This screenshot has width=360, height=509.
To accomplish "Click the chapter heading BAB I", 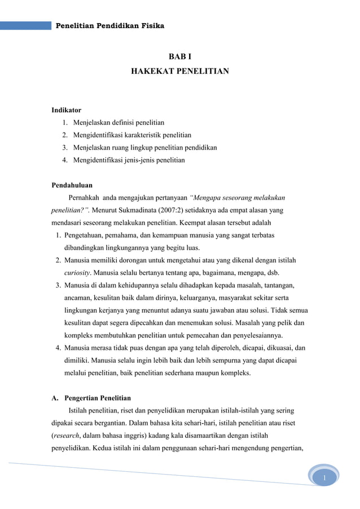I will (x=180, y=58).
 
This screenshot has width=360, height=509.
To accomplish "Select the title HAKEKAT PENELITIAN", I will (x=180, y=72).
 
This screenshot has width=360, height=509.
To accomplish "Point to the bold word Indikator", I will (x=66, y=110).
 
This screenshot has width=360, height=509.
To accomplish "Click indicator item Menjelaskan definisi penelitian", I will (x=118, y=122).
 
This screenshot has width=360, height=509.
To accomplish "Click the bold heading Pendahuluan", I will (x=72, y=185).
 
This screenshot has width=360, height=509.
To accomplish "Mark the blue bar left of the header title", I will (x=25, y=26).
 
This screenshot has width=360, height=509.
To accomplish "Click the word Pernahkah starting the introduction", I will (x=84, y=198).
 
